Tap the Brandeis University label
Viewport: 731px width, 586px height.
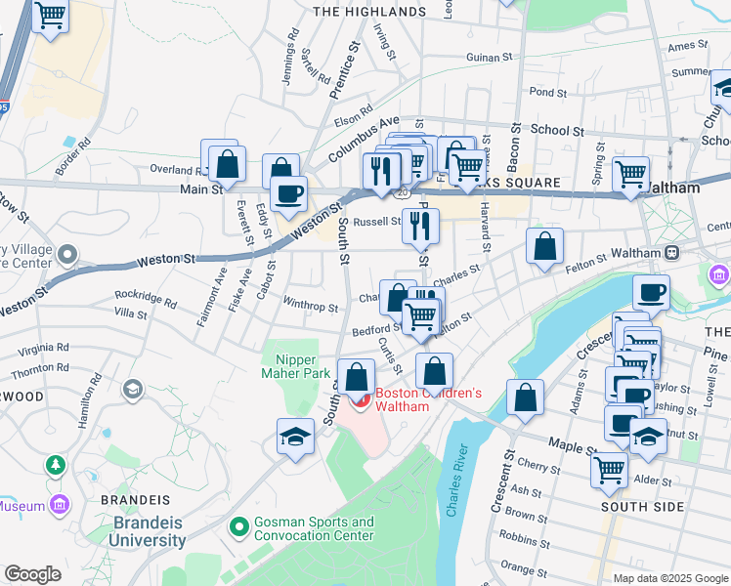[x=147, y=530]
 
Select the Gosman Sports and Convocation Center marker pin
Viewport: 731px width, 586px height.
[x=236, y=528]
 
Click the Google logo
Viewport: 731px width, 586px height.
[x=32, y=574]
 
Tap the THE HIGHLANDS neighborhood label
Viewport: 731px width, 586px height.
[x=368, y=12]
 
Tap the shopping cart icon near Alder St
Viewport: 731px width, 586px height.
[x=610, y=469]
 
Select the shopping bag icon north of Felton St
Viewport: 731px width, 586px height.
[x=544, y=246]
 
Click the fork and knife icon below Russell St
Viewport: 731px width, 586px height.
[x=421, y=226]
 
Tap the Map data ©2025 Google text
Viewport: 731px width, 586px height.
[x=669, y=578]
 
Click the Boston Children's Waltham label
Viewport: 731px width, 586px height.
[x=429, y=399]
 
